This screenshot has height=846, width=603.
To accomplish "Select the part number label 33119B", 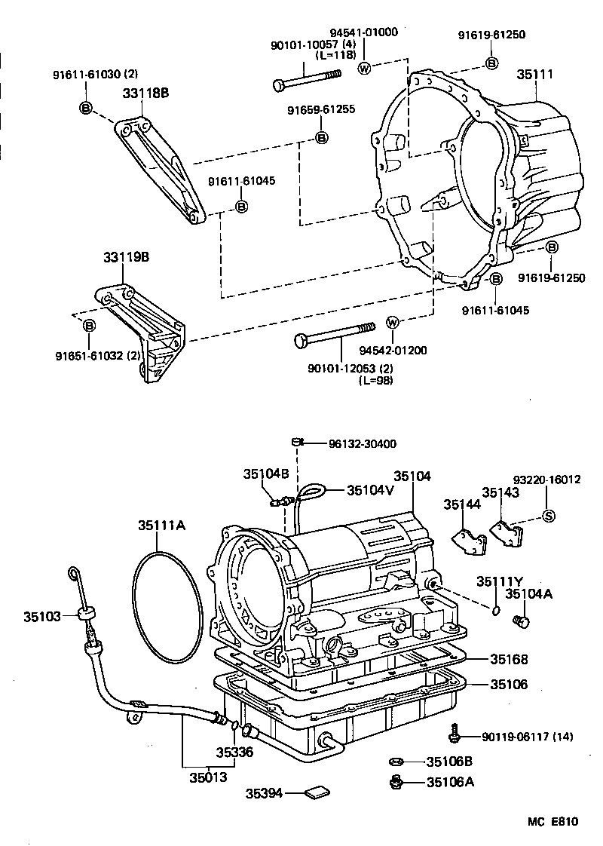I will click(x=127, y=257).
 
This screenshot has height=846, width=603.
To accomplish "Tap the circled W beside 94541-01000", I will click(x=365, y=69).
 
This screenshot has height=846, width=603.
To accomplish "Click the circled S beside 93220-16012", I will click(x=549, y=516).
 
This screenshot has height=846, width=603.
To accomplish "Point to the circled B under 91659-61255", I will click(x=321, y=137).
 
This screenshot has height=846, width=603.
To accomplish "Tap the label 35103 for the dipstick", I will click(x=41, y=616).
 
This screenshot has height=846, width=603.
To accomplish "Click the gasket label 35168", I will click(x=509, y=659).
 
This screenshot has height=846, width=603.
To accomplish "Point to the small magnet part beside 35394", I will click(x=317, y=792).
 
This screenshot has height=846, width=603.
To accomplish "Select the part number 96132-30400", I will click(x=363, y=444).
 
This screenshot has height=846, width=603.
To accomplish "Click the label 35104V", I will click(x=371, y=489).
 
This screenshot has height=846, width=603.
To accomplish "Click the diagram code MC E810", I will click(x=552, y=822).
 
